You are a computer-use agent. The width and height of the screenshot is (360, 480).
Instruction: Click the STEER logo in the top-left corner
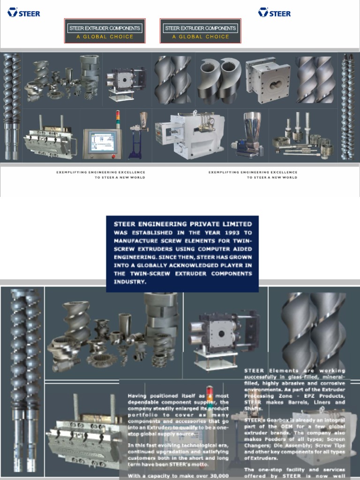(23, 13)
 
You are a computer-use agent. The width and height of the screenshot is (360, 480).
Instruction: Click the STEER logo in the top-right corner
(274, 13)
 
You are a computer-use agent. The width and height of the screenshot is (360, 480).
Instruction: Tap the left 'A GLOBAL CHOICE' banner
(105, 37)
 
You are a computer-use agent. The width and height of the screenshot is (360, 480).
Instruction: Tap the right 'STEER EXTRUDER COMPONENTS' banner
(201, 28)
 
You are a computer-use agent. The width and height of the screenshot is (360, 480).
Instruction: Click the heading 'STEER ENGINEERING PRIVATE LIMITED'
(183, 224)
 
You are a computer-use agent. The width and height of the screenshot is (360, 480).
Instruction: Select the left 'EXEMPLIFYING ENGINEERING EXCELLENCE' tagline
(100, 172)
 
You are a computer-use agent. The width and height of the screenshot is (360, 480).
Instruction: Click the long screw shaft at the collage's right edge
(348, 106)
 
